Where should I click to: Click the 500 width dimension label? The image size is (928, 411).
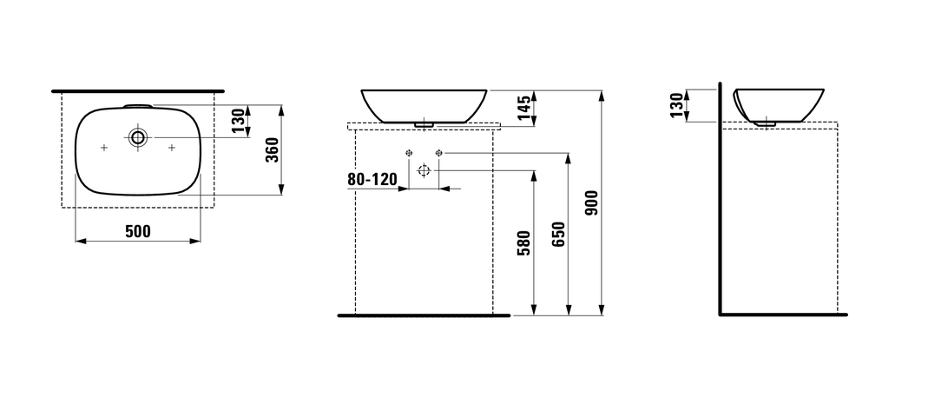coord(138,231)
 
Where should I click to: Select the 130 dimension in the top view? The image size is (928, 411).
coord(238,120)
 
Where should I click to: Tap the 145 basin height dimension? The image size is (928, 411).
coord(524,108)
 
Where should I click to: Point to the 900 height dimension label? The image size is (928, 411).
coord(592,203)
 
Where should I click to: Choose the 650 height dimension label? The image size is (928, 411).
coord(559,234)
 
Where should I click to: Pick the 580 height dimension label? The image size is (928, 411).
coord(524,242)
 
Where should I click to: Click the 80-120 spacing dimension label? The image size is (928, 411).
coord(372,180)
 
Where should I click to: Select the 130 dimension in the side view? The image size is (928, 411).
coord(677,105)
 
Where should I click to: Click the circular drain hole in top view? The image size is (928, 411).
coord(138,138)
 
